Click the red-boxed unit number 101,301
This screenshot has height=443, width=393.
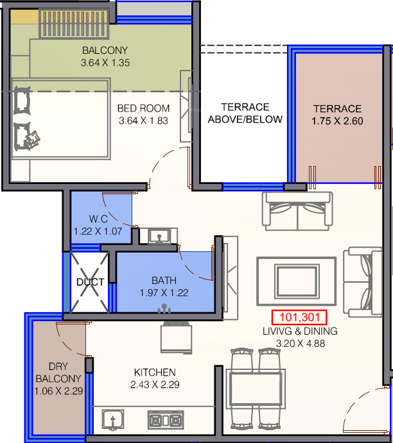pos(299,317)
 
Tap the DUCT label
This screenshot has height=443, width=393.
pos(91,282)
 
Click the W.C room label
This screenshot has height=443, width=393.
pos(98,219)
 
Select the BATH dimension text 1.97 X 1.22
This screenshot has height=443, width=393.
pos(164,293)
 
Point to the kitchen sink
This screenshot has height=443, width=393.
pos(113,419)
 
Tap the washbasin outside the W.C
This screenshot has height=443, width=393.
pos(159,236)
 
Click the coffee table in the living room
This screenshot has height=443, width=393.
pos(297,281)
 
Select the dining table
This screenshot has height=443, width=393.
pos(256,389)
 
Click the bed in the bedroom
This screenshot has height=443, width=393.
pos(60,119)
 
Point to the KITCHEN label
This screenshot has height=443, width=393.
pos(155,372)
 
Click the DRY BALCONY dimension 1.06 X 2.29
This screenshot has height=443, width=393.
pos(58,391)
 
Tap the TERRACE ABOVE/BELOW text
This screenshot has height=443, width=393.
pos(245,113)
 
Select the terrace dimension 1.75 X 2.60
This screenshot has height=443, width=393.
pos(337,121)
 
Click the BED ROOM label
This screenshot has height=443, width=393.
pos(143,108)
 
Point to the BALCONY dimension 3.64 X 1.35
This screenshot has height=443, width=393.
pos(105,62)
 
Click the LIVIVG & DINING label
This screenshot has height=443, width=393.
pos(300,331)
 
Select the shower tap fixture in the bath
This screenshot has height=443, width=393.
pos(164,308)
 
